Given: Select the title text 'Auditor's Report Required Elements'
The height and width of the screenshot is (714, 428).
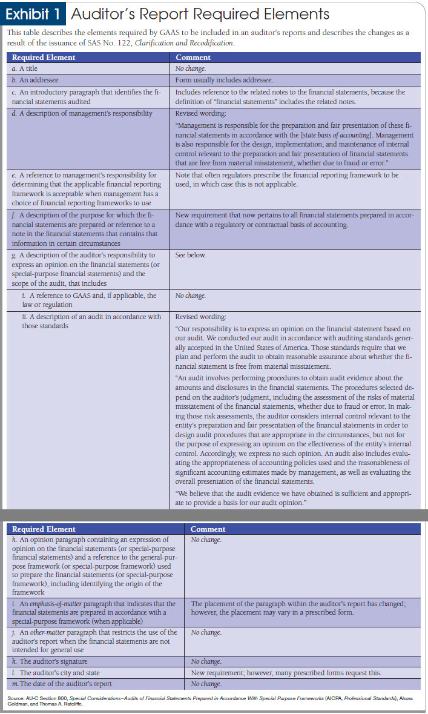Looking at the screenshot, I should point(200,13).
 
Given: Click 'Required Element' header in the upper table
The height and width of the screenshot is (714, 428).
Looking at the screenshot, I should point(44,58).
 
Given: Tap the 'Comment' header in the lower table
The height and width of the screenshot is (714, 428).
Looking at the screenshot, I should point(208,529).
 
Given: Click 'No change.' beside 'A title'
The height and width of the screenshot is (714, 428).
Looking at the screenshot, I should point(190,68).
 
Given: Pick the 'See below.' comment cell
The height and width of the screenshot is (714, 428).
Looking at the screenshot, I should point(190,255).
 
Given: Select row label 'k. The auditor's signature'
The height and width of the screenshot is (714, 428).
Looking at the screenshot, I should point(53,661).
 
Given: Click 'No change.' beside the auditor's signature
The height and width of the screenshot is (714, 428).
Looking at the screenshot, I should point(206,661).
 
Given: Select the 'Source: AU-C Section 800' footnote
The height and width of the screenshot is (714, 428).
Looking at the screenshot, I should point(212,701).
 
